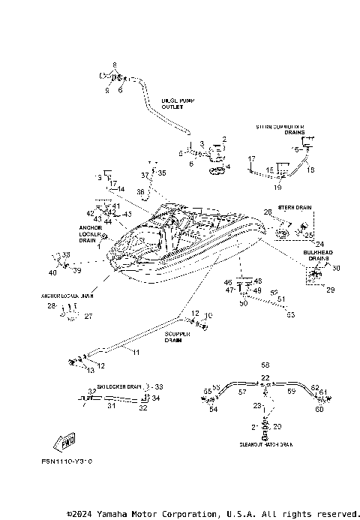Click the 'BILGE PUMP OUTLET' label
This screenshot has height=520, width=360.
(178, 103)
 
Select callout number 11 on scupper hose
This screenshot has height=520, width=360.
(136, 351)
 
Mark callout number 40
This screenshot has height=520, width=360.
(53, 272)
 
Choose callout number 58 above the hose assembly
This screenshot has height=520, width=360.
(265, 363)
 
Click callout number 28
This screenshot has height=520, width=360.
(51, 306)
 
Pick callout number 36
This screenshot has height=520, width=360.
(140, 193)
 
